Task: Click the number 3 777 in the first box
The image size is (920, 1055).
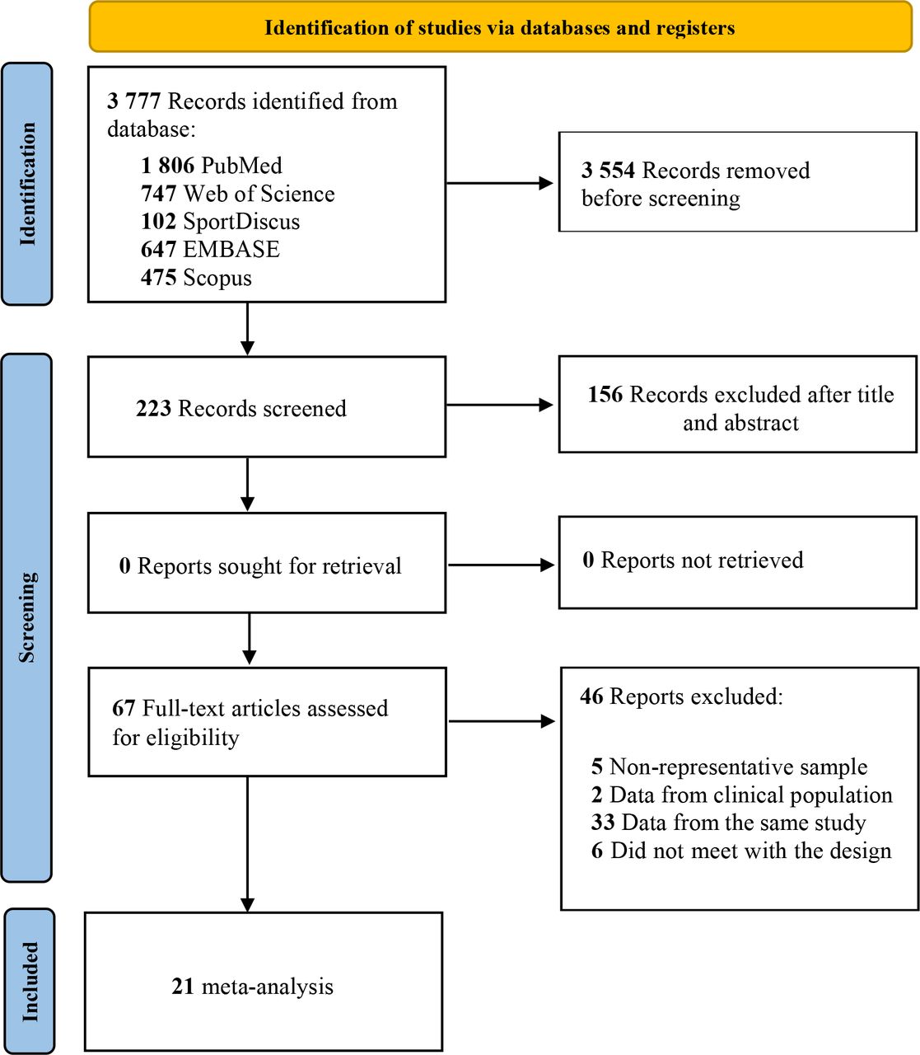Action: coord(134,101)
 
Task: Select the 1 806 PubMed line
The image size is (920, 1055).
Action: coord(212,166)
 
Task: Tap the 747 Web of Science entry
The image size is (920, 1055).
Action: coord(238,194)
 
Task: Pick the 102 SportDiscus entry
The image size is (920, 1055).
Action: coord(221,221)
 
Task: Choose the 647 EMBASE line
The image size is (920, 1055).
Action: coord(210,249)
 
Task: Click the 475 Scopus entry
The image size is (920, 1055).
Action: coord(196,278)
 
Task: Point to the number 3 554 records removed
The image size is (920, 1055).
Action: coord(609,170)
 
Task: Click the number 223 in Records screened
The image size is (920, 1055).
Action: coord(153,408)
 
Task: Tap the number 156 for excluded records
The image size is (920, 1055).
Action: coord(605,395)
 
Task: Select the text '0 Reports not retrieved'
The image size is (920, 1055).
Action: coord(693,560)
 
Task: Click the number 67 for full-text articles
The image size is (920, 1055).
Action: coord(124,708)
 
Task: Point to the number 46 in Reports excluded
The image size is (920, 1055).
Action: coord(591,696)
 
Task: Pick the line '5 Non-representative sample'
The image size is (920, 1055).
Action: coord(730,767)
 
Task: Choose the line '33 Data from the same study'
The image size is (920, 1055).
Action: coord(728,823)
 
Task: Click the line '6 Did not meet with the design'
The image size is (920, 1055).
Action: coord(741,851)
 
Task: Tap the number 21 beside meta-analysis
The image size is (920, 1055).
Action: coord(183,987)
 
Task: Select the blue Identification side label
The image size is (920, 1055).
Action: coord(27,184)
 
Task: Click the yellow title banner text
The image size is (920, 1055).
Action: coord(500,28)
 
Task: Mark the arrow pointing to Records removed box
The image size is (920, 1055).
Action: coord(500,183)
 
